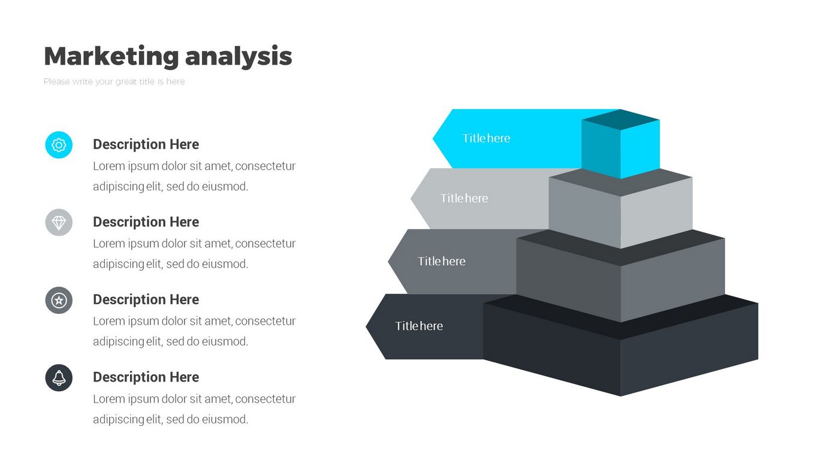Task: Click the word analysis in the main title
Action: point(239,56)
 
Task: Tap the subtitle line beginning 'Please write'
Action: point(114,81)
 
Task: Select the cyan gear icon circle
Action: point(59,145)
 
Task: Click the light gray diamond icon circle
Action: point(59,223)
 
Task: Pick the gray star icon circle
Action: point(59,300)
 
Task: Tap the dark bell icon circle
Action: point(59,378)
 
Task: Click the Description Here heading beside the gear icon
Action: point(146,144)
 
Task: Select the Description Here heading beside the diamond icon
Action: point(146,222)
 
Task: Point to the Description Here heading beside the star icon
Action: point(146,299)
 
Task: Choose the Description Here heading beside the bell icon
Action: point(146,377)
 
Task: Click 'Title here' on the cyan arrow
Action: point(486,138)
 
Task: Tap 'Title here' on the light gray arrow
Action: point(464,198)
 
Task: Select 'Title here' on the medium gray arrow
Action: point(442,261)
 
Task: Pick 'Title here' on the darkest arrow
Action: point(419,326)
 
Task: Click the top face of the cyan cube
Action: point(621,119)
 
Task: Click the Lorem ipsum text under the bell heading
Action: point(194,409)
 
